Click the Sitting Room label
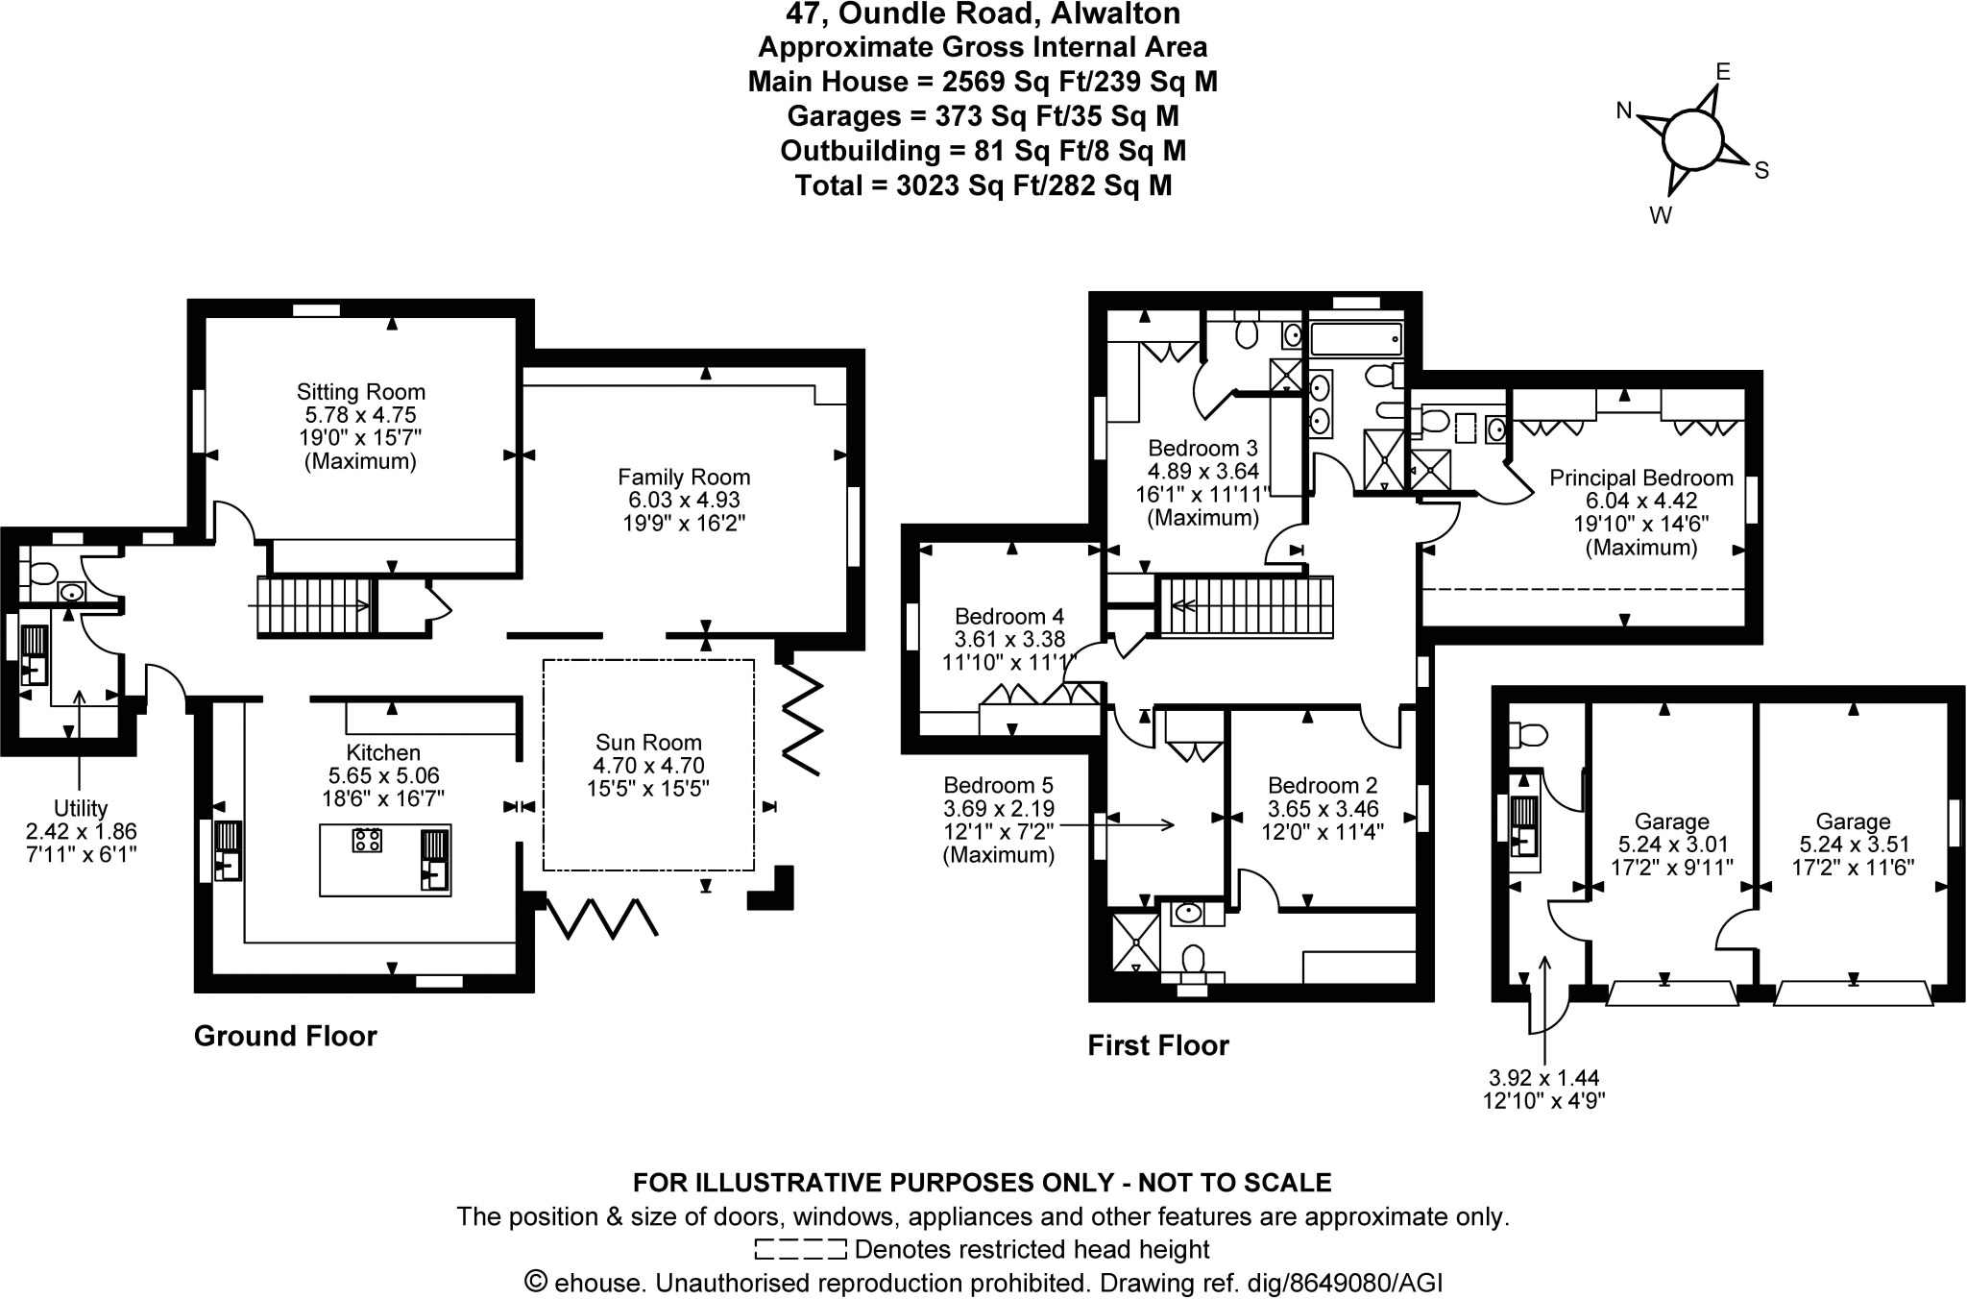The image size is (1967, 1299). (360, 392)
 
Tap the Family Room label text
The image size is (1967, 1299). (683, 478)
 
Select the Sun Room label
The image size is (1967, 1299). (648, 742)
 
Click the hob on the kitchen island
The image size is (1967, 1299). (367, 840)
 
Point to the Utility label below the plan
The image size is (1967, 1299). (81, 808)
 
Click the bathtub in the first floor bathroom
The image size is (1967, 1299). (1355, 339)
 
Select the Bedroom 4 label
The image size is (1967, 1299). (1008, 616)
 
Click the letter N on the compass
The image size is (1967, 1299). (1624, 111)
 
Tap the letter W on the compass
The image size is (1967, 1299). (1661, 215)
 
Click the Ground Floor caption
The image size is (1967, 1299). (285, 1036)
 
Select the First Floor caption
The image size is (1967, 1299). (1157, 1045)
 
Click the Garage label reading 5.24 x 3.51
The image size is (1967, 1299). (1853, 845)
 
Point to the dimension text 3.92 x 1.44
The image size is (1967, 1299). (1543, 1079)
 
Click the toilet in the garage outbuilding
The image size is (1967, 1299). (1527, 736)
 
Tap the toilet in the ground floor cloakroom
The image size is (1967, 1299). (41, 575)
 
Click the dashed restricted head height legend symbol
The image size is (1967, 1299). (800, 1249)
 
